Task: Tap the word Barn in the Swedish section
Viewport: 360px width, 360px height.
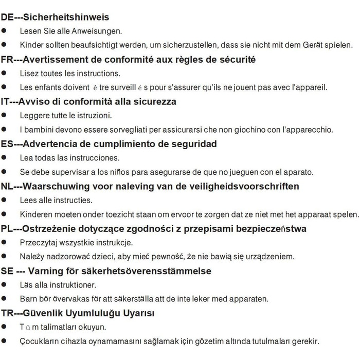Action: point(28,298)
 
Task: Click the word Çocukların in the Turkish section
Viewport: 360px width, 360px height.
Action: point(40,341)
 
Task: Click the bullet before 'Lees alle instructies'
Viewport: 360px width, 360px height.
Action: point(4,200)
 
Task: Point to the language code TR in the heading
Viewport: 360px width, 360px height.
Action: point(7,313)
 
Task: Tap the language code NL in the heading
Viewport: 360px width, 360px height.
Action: point(7,186)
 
